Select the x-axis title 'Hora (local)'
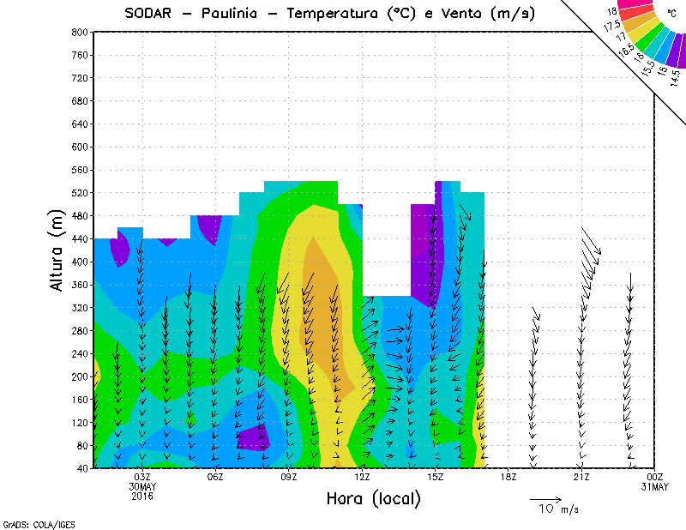(373, 498)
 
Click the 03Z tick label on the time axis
(142, 477)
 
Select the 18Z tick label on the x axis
(508, 477)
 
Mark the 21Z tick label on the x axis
(581, 477)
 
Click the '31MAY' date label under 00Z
(654, 487)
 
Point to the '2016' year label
(142, 497)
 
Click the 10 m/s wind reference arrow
(545, 498)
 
